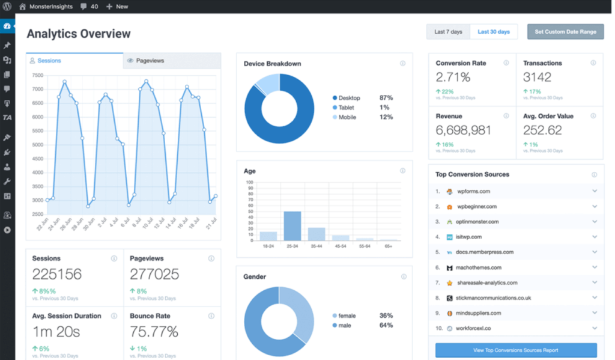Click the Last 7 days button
click(448, 32)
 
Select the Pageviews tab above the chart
click(150, 61)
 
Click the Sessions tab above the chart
click(49, 61)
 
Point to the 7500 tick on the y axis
click(37, 75)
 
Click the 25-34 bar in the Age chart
click(292, 226)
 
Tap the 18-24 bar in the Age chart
click(268, 236)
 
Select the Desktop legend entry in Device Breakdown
click(349, 97)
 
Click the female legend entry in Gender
click(347, 316)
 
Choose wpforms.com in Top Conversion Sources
click(473, 191)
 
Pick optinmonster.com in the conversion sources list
click(477, 222)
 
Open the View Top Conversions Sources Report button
click(516, 350)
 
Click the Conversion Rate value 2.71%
click(454, 77)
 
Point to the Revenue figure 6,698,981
click(464, 130)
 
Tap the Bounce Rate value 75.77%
click(154, 332)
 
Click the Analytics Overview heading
click(78, 34)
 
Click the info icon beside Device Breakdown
click(402, 63)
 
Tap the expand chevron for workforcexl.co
click(595, 329)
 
